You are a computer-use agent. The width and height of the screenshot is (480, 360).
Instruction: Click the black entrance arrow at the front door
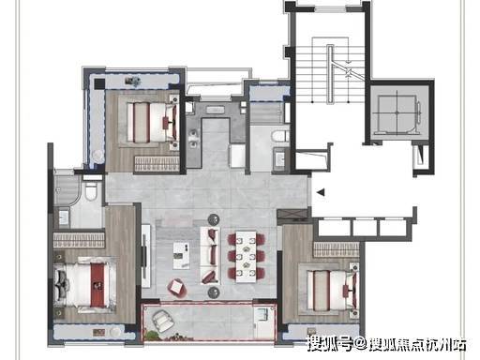(321, 192)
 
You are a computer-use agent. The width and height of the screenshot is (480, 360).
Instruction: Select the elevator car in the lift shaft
(397, 112)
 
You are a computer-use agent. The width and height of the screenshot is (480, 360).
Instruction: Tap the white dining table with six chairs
(246, 257)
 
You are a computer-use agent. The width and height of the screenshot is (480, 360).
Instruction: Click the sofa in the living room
(210, 256)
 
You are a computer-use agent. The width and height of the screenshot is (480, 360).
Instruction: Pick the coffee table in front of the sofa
(182, 255)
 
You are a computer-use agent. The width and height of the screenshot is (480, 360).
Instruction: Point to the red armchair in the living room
(176, 287)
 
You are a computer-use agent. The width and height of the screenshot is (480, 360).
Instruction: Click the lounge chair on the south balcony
(163, 321)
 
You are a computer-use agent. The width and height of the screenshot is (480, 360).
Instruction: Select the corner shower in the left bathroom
(67, 190)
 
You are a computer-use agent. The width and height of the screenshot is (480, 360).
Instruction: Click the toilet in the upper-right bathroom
(279, 138)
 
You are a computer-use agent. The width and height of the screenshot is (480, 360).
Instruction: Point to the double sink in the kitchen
(193, 139)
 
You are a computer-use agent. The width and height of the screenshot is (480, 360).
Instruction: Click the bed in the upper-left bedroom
(153, 122)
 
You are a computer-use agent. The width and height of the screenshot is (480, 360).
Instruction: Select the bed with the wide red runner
(85, 285)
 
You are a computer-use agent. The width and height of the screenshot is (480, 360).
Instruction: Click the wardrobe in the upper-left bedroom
(157, 163)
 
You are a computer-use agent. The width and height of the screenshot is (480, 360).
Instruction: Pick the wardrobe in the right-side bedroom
(337, 249)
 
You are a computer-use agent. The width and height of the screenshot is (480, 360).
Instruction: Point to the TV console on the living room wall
(146, 256)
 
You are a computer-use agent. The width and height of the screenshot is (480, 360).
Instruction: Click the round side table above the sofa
(214, 219)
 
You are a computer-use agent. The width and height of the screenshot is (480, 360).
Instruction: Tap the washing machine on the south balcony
(262, 314)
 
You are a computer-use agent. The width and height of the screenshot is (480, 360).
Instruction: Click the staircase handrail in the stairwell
(330, 74)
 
